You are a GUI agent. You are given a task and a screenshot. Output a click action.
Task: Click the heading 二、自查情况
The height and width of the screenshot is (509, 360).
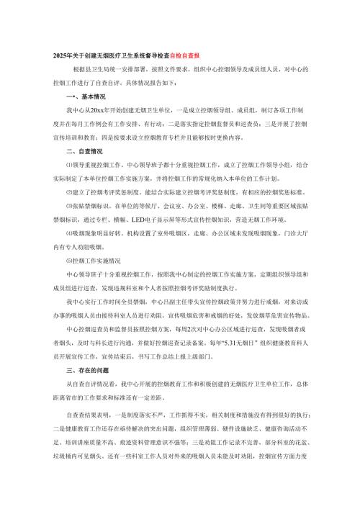[x=84, y=152]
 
